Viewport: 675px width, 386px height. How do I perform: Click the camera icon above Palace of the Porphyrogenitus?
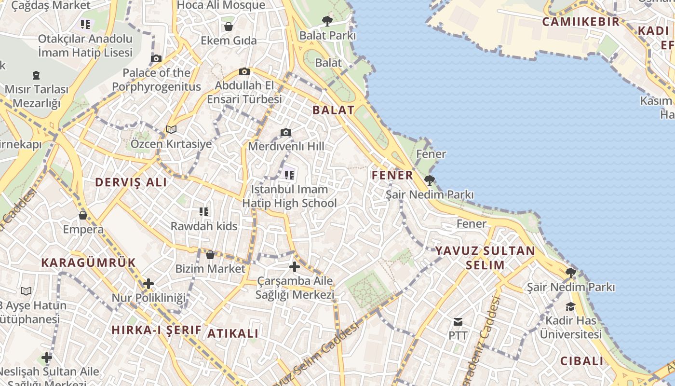[156, 59]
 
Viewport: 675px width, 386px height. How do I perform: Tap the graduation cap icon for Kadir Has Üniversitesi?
[570, 307]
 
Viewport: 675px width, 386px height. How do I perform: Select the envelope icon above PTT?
[458, 321]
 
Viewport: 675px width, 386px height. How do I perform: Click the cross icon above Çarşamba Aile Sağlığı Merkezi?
[294, 266]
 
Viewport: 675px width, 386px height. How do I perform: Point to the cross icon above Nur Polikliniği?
[148, 284]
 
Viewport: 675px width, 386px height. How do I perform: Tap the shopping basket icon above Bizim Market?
[210, 255]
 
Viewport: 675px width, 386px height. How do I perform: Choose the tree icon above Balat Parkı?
[327, 21]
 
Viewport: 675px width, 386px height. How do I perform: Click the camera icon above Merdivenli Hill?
[286, 132]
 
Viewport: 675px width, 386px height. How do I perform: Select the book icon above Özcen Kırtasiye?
[171, 129]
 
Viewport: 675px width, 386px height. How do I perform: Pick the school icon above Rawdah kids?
[204, 211]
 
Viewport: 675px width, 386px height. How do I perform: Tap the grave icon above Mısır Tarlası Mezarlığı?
[36, 75]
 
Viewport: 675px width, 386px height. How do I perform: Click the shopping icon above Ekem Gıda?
[229, 26]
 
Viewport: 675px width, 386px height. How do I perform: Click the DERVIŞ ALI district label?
[131, 182]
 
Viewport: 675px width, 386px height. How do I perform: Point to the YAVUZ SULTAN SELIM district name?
[486, 258]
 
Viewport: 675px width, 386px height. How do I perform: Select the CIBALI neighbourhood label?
[582, 361]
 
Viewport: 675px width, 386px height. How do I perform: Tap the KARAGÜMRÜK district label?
[89, 262]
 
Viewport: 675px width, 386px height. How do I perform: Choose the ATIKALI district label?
[233, 333]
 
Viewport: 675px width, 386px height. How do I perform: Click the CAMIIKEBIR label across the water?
[580, 22]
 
